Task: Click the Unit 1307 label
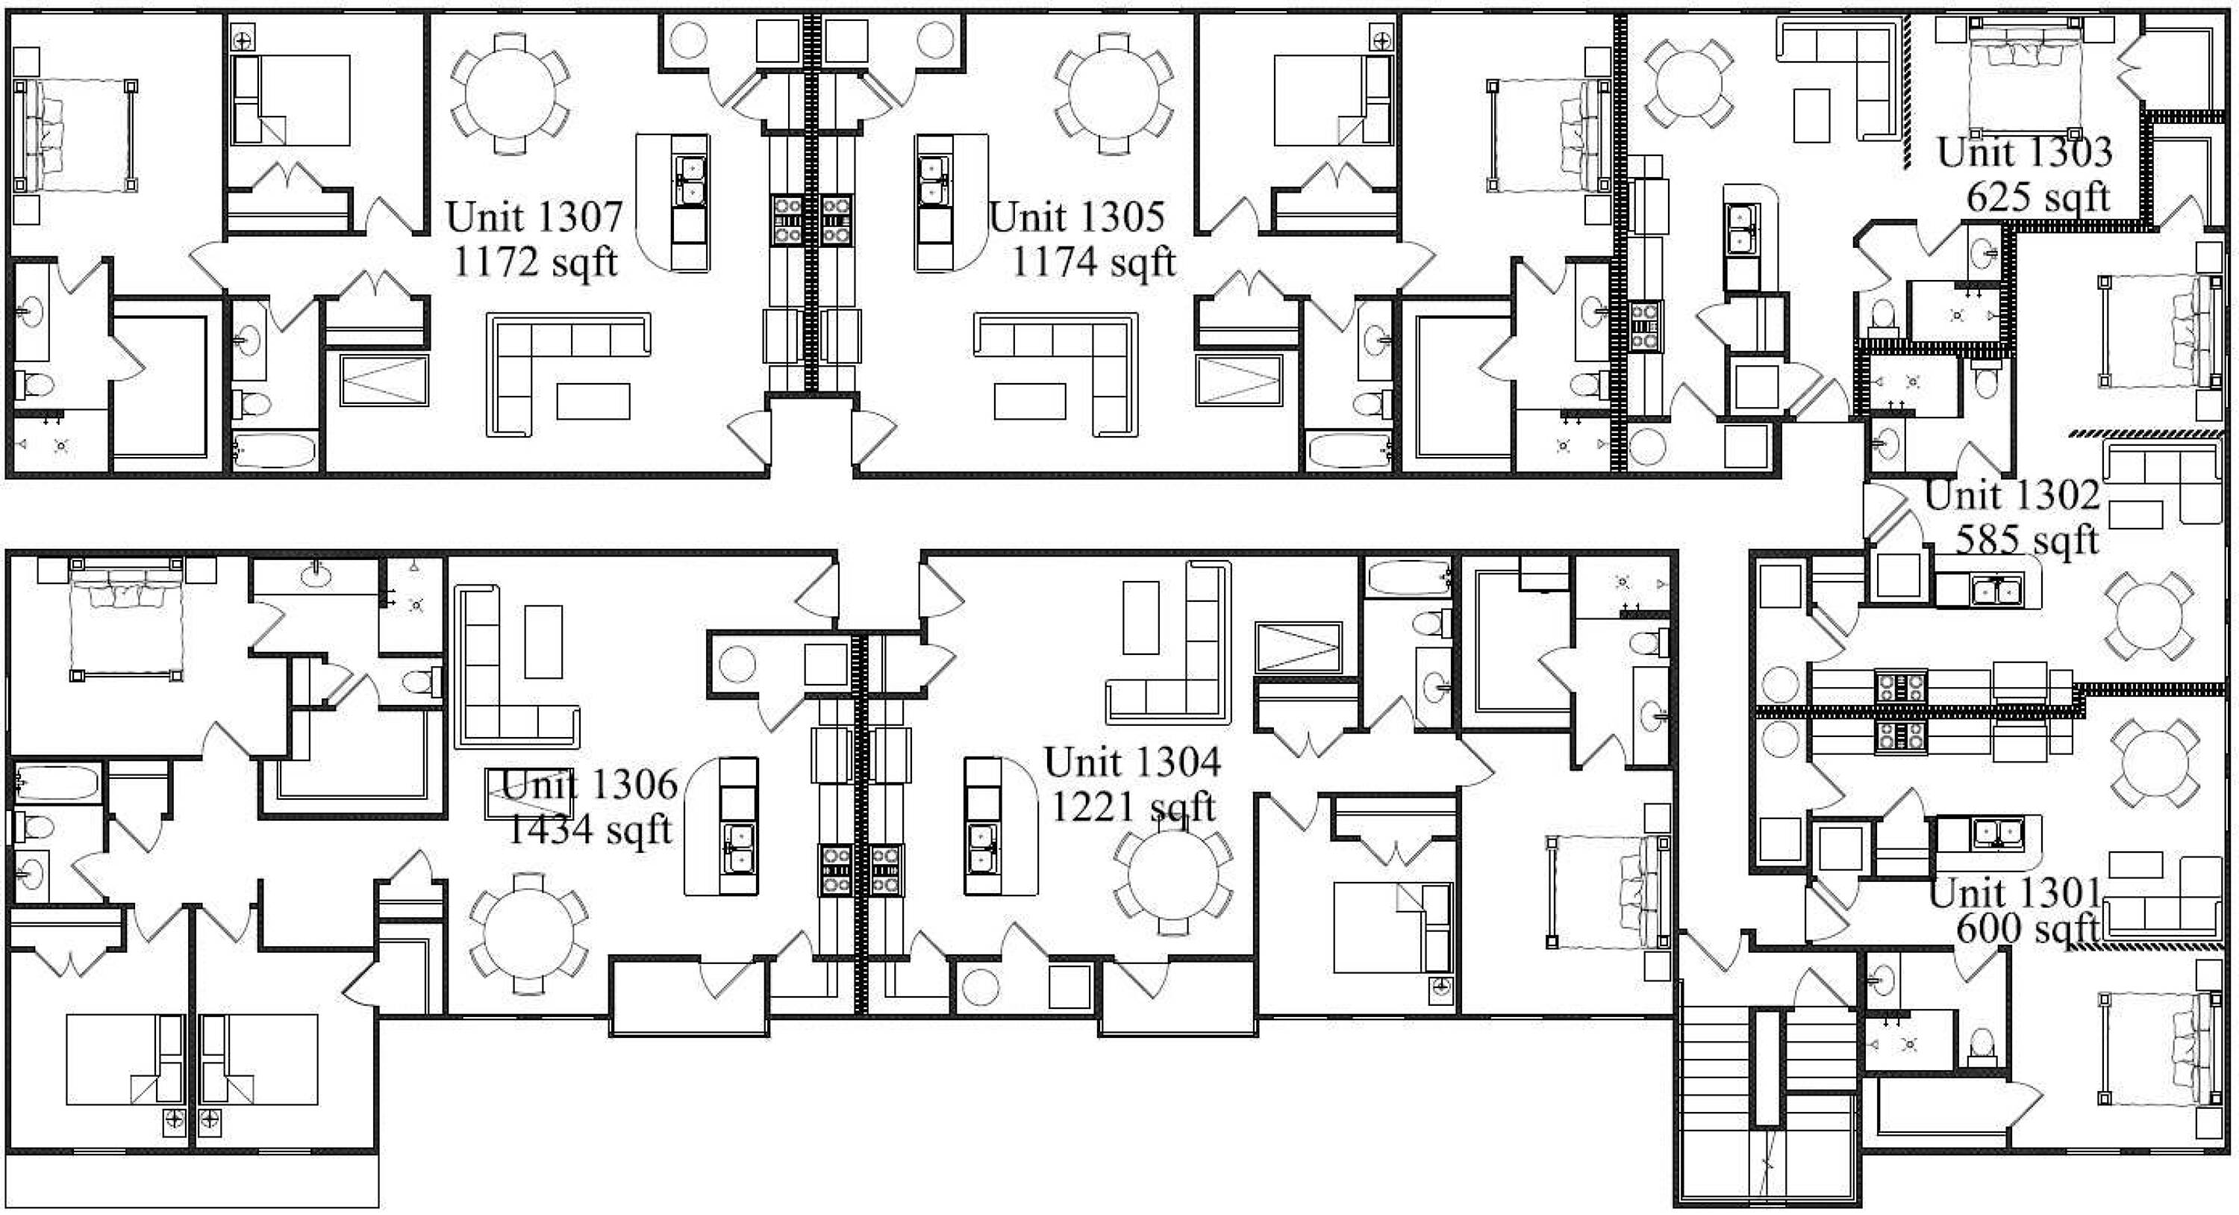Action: coord(534,217)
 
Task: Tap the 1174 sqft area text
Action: coord(1093,262)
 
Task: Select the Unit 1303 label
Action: coord(2024,152)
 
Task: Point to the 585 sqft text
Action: coord(2027,539)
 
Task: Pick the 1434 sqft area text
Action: coord(590,829)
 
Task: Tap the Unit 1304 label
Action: coord(1132,762)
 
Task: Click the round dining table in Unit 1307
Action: coord(511,94)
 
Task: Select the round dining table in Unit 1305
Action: coord(1114,94)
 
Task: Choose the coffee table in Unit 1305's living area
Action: coord(1030,401)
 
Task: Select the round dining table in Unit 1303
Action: coord(1689,84)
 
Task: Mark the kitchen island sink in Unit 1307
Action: coord(691,181)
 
